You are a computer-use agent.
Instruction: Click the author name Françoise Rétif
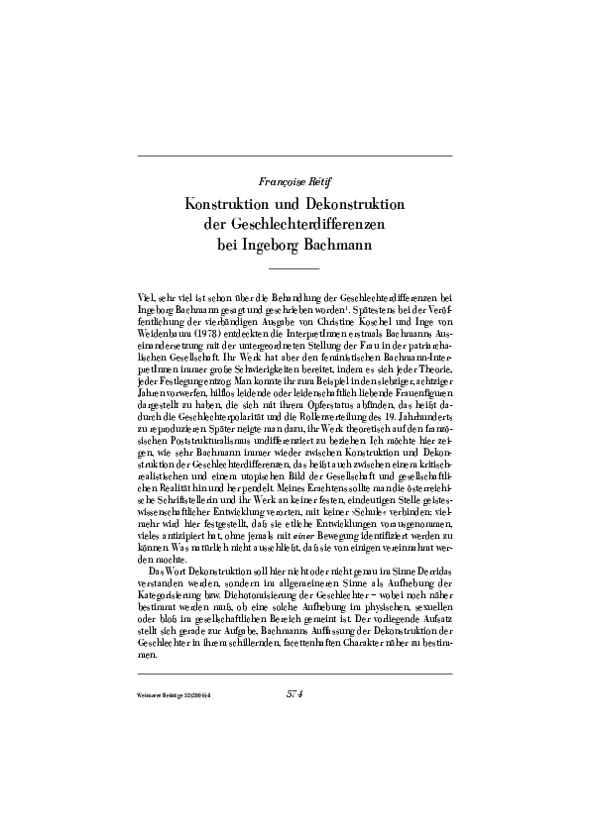click(294, 182)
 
